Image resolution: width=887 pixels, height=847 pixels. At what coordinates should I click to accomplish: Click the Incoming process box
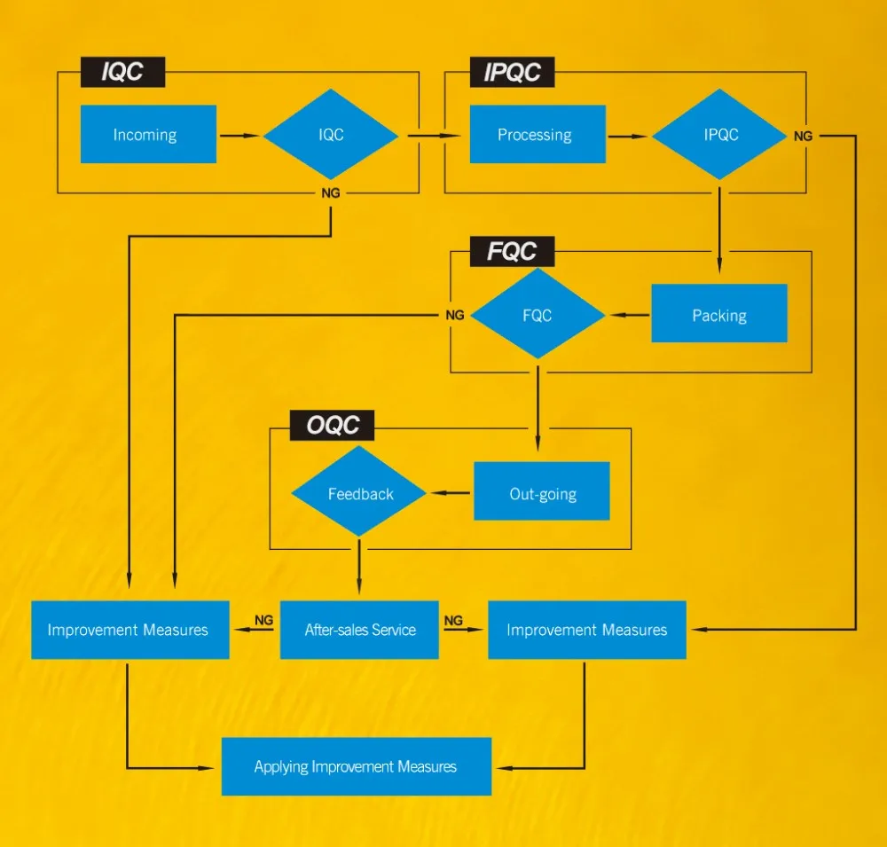coord(148,135)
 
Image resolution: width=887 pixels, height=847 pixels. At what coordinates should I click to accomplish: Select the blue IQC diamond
coord(331,135)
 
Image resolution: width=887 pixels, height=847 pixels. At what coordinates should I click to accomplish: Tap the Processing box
coord(538,135)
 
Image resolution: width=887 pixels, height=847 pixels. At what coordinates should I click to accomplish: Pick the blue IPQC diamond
coord(719,135)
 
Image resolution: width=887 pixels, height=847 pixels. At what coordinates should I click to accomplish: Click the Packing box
coord(719,314)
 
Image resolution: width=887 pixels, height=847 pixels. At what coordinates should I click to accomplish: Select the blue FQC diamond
coord(538,315)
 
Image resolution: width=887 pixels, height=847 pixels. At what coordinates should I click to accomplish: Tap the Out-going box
coord(542,492)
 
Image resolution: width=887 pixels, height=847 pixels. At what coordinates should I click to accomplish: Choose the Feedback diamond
coord(360,493)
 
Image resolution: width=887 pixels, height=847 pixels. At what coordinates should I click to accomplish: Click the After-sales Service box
coord(359,630)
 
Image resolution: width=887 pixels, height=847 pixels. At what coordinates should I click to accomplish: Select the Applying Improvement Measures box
coord(356,766)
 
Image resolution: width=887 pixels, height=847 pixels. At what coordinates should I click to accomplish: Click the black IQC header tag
coord(122,73)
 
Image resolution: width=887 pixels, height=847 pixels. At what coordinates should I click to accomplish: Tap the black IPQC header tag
coord(512,73)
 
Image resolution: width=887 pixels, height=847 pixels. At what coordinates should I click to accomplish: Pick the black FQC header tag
coord(512,251)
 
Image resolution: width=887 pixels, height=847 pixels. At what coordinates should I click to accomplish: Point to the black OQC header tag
coord(333,426)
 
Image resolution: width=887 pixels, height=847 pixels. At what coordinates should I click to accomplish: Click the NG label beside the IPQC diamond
coord(803,137)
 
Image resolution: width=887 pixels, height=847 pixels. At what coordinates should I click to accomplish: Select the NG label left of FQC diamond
coord(454,315)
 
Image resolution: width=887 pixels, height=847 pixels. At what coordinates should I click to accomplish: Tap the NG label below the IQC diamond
coord(331,193)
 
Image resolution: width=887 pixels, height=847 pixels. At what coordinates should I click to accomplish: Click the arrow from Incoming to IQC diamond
coord(239,136)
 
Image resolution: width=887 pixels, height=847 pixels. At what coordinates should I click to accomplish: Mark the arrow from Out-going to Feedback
coord(451,493)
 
